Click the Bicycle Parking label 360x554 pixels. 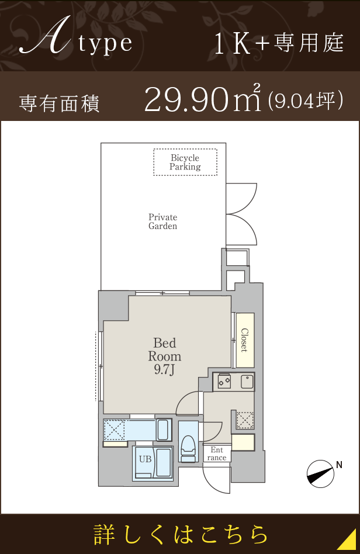[185, 162]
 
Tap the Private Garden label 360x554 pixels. [163, 221]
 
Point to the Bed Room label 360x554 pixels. [165, 349]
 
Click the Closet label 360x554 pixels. [244, 340]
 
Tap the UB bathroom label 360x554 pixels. [145, 459]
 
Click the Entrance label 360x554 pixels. [217, 453]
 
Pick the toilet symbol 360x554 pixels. [188, 448]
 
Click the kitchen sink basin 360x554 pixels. [247, 382]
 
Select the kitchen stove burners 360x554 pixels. [224, 381]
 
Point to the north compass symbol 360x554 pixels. [320, 474]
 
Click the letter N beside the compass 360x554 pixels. [339, 465]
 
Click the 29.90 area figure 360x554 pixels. [185, 99]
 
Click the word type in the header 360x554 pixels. [105, 44]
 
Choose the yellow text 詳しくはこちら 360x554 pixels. [181, 534]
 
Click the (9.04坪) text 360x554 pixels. [306, 101]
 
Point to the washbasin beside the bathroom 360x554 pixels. [163, 430]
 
